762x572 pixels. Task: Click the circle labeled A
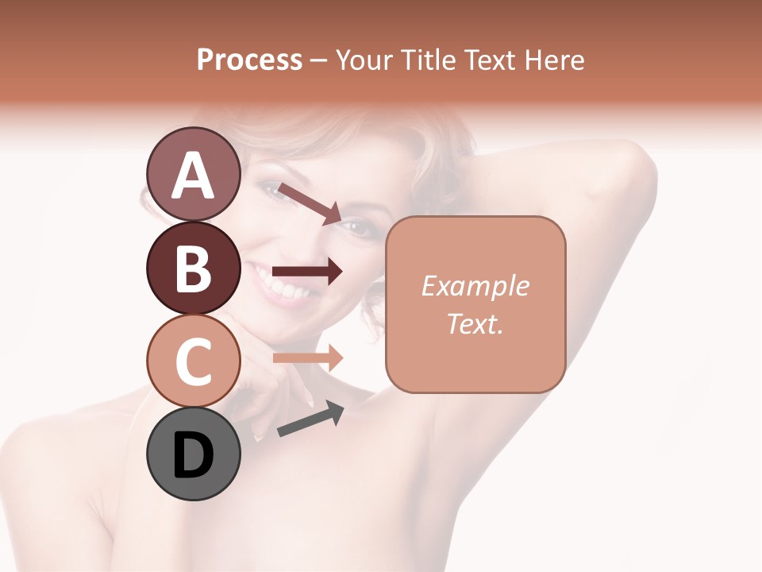(194, 174)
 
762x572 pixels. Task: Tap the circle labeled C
(194, 361)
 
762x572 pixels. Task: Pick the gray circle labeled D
(194, 454)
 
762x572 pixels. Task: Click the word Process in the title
(249, 60)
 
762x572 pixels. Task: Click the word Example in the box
(475, 286)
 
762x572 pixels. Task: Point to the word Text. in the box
(475, 323)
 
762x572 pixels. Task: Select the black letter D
(194, 454)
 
